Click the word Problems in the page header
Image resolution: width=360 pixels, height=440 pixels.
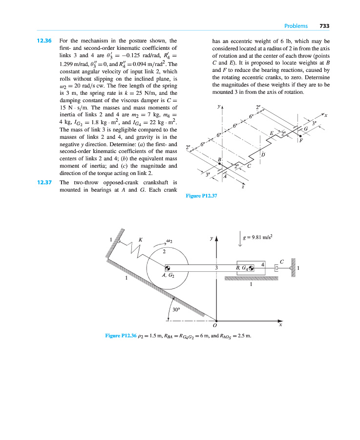pos(296,26)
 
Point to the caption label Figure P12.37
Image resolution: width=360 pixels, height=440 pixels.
pos(201,196)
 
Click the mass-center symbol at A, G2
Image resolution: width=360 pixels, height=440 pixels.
pos(168,267)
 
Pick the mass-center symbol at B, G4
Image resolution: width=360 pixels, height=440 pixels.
pos(252,267)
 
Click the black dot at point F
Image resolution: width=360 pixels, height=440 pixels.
pos(300,136)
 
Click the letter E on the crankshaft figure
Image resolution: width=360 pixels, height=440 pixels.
pos(272,133)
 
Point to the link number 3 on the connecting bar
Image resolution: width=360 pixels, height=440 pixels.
pos(216,267)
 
